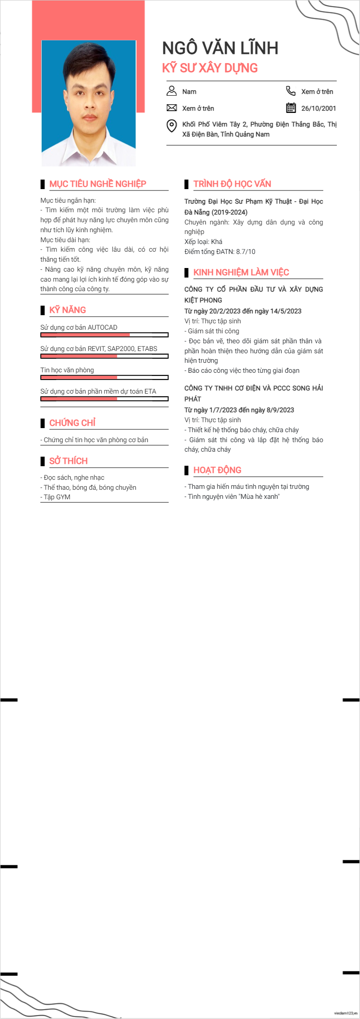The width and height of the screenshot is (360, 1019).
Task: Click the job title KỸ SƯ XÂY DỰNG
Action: click(x=209, y=68)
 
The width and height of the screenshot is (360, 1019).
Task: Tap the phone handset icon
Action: click(x=291, y=91)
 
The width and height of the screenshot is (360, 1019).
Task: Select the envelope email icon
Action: click(x=171, y=108)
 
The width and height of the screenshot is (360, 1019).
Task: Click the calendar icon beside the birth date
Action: click(x=291, y=108)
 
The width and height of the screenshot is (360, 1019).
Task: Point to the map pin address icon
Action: click(x=171, y=126)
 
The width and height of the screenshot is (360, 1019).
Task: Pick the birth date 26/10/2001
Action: click(x=318, y=108)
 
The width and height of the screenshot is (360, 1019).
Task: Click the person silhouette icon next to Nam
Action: click(x=171, y=91)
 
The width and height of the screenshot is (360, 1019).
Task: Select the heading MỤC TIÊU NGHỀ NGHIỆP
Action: click(x=97, y=184)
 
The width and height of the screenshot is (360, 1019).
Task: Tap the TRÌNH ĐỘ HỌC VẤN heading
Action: click(x=232, y=184)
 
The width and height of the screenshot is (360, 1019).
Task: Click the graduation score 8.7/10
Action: click(x=245, y=252)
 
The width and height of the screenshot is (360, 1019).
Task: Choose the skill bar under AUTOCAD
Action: click(x=104, y=335)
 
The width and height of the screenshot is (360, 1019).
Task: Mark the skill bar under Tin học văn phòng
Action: click(x=104, y=378)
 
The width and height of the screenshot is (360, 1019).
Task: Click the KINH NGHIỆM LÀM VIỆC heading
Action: click(x=241, y=272)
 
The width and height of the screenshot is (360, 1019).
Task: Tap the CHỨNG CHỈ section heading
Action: click(x=72, y=423)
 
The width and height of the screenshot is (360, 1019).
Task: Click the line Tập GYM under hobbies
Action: click(x=57, y=497)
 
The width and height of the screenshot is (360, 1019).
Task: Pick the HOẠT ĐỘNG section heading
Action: click(x=217, y=470)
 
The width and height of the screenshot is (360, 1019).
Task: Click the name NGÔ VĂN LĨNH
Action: click(x=220, y=48)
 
